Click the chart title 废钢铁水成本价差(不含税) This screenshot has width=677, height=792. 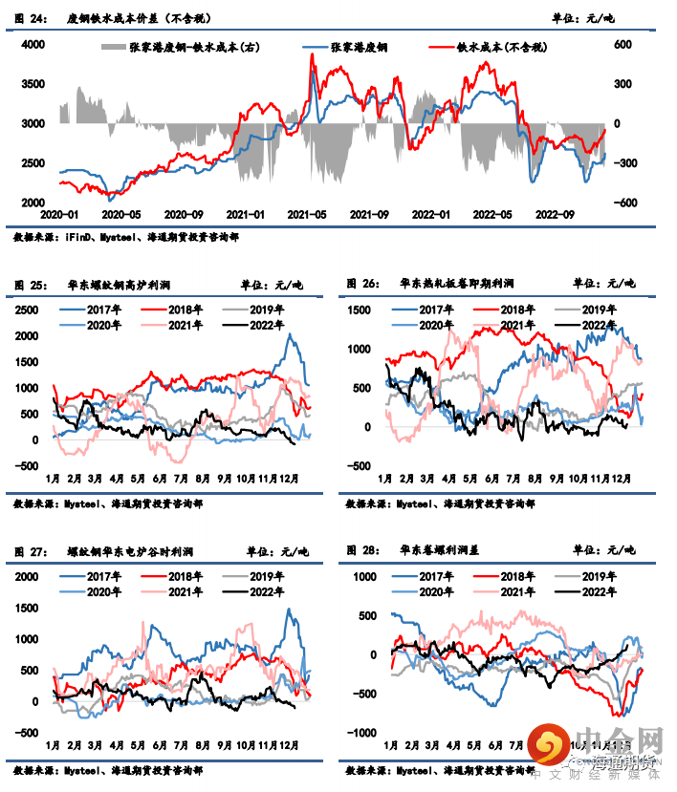click(x=138, y=18)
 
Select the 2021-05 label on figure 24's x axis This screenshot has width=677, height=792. click(x=307, y=216)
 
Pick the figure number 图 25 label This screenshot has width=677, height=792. click(x=31, y=284)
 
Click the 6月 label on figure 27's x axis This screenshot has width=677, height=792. click(x=159, y=745)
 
